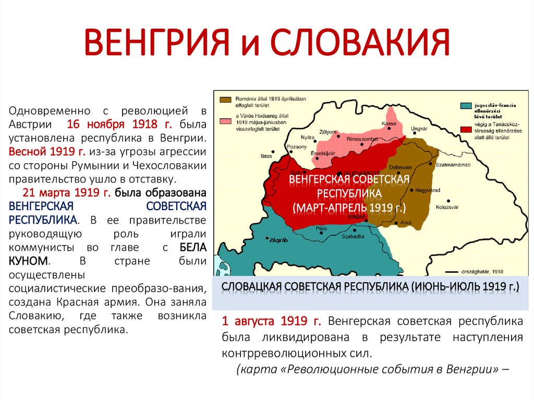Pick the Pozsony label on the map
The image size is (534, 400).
tap(297, 147)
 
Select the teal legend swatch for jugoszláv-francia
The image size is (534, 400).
tap(466, 106)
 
